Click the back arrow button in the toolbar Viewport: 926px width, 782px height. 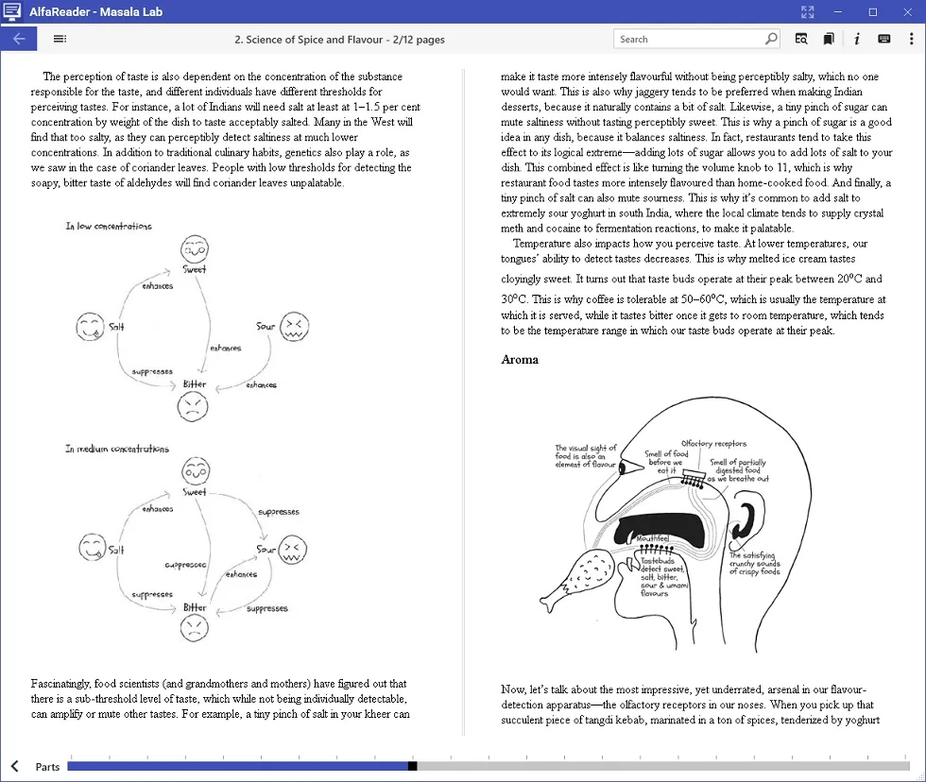19,39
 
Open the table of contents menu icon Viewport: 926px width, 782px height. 60,39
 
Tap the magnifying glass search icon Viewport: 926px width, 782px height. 771,39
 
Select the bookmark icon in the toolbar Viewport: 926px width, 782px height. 828,39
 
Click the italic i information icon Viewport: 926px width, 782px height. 856,39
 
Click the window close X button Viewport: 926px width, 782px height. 905,11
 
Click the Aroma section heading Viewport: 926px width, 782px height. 520,359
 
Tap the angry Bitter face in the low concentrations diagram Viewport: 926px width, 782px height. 192,407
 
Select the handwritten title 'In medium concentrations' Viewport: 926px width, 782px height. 117,449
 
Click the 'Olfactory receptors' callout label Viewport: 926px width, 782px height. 714,443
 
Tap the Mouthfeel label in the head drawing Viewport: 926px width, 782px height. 653,538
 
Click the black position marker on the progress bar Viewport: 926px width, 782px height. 412,766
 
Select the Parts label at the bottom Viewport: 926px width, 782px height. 47,766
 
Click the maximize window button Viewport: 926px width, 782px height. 872,11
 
